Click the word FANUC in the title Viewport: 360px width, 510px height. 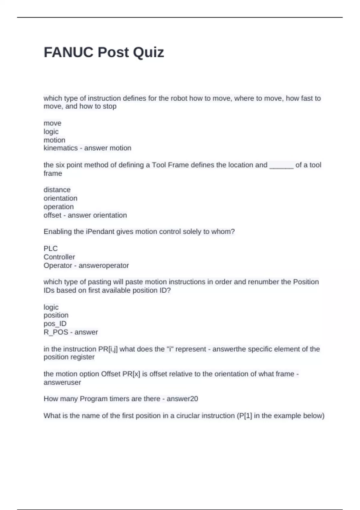click(69, 52)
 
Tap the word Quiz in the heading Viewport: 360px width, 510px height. click(148, 52)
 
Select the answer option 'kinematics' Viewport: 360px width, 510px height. click(61, 148)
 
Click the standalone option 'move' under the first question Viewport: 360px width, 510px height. click(52, 123)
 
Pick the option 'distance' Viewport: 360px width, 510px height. click(57, 190)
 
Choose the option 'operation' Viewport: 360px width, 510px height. click(58, 207)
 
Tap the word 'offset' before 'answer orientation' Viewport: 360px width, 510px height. click(52, 215)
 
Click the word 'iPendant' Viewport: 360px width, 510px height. click(101, 232)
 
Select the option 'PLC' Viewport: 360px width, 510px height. click(50, 248)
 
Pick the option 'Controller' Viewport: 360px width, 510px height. click(59, 257)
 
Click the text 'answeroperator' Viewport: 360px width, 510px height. click(104, 265)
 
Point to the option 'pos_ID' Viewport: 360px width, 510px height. click(55, 323)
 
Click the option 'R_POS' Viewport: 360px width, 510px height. click(56, 332)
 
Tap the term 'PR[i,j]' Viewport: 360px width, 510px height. click(108, 349)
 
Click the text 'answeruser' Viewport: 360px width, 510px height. click(62, 382)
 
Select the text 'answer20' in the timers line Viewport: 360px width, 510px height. click(182, 399)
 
